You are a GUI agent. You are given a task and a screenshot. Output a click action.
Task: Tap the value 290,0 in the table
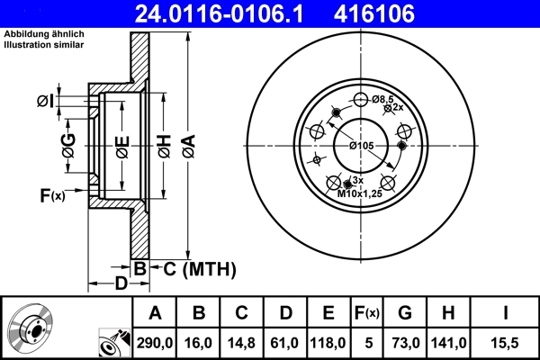point(155,342)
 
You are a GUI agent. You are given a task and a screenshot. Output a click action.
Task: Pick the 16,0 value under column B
point(200,342)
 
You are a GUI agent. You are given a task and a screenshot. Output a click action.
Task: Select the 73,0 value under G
point(405,342)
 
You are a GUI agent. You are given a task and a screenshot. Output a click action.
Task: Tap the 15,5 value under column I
point(505,342)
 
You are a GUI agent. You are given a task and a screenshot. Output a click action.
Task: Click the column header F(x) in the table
point(366,313)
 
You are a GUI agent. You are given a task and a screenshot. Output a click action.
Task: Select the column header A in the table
point(155,313)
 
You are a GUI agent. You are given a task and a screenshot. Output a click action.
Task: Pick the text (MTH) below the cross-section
point(209,268)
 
